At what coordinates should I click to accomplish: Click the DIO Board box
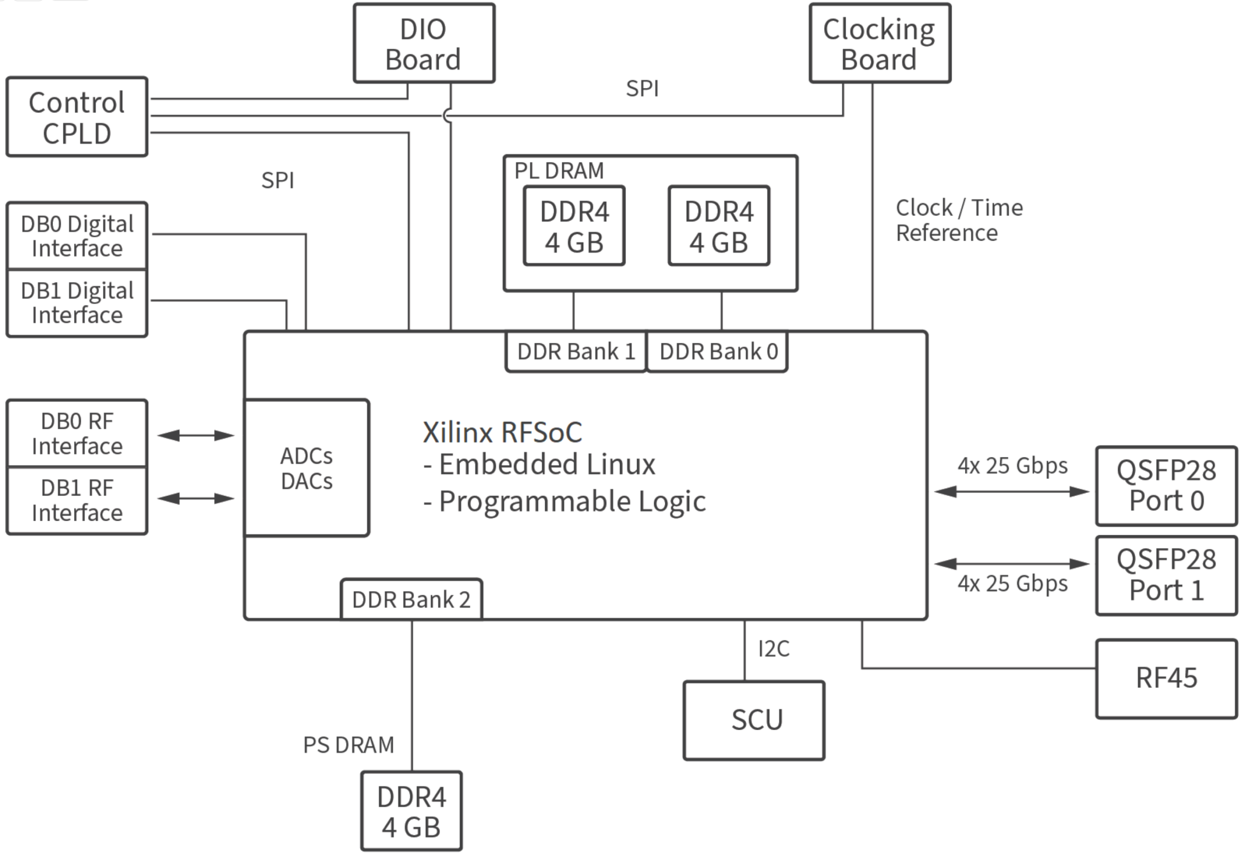coord(424,44)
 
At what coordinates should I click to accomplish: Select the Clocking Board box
coord(879,44)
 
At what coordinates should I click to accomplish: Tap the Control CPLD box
coord(77,117)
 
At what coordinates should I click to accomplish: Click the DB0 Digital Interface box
coord(77,236)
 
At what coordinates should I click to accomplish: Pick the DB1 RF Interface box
coord(77,500)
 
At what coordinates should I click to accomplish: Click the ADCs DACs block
coord(306,468)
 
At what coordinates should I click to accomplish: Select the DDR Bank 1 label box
coord(576,351)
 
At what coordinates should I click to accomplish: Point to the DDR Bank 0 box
coord(718,351)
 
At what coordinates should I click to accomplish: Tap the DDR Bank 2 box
coord(411,599)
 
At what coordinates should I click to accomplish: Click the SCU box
coord(754,720)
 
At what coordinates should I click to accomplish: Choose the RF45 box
coord(1166,678)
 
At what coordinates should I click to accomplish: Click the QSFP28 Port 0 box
coord(1166,486)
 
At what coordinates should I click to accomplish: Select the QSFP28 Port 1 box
coord(1166,575)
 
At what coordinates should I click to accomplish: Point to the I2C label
coord(773,649)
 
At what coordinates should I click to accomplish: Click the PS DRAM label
coord(349,745)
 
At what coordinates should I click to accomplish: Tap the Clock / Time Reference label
coord(958,220)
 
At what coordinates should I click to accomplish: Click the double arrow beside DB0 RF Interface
coord(196,435)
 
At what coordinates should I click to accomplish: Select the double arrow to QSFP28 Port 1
coord(1012,564)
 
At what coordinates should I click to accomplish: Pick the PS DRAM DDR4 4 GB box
coord(411,811)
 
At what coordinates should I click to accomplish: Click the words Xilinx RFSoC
coord(502,432)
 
